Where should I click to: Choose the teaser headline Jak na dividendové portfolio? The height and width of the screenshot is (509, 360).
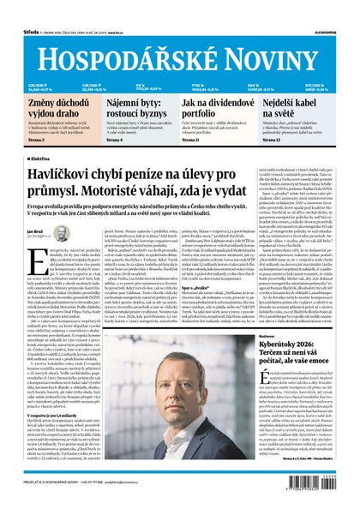(213, 107)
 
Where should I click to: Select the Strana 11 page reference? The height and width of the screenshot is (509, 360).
(195, 140)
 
